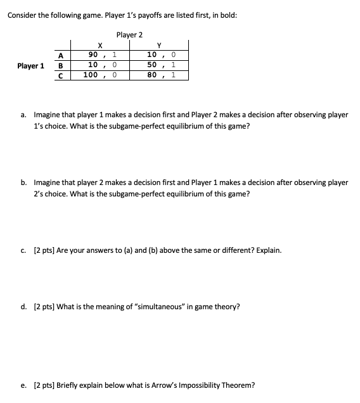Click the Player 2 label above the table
click(x=129, y=34)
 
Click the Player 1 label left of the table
click(x=32, y=65)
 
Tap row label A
click(x=61, y=55)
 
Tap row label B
click(x=61, y=65)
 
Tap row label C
click(x=61, y=75)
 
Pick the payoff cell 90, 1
click(x=101, y=55)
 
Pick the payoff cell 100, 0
click(x=101, y=75)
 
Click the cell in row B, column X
click(x=101, y=65)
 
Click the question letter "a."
click(x=23, y=115)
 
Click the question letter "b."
click(x=23, y=182)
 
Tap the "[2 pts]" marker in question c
click(x=42, y=250)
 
